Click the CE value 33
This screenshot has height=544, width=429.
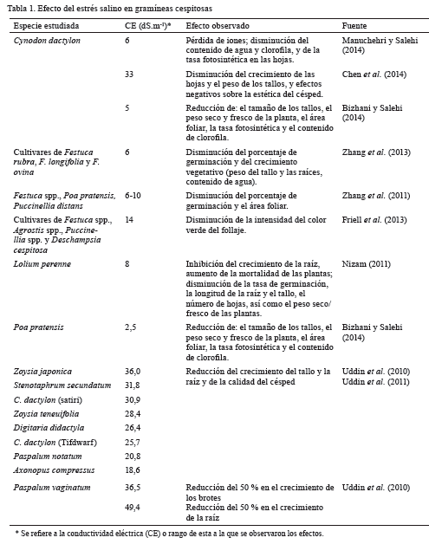(x=129, y=74)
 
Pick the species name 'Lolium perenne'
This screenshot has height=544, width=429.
(x=41, y=263)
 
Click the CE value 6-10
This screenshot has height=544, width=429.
(x=133, y=197)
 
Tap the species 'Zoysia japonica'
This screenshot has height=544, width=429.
(x=42, y=371)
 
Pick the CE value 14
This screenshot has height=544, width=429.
(x=129, y=220)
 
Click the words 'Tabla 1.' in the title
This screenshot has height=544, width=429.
(x=22, y=8)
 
